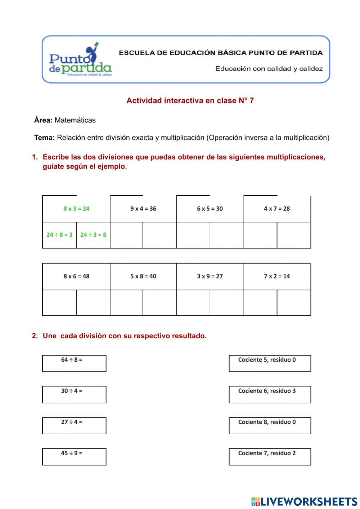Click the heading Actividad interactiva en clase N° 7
pyautogui.click(x=190, y=101)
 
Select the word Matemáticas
pyautogui.click(x=75, y=120)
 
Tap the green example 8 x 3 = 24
pyautogui.click(x=76, y=209)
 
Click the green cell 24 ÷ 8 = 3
pyautogui.click(x=59, y=235)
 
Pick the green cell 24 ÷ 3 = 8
pyautogui.click(x=93, y=235)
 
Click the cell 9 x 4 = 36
pyautogui.click(x=143, y=209)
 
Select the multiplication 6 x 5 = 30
pyautogui.click(x=210, y=209)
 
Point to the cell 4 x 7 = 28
pyautogui.click(x=277, y=209)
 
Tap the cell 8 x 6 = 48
pyautogui.click(x=76, y=276)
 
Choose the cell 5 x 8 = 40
pyautogui.click(x=143, y=276)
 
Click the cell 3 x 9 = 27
pyautogui.click(x=210, y=276)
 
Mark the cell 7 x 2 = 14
pyautogui.click(x=277, y=276)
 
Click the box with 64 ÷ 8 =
pyautogui.click(x=74, y=363)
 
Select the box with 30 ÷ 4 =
pyautogui.click(x=74, y=394)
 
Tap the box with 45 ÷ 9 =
pyautogui.click(x=74, y=456)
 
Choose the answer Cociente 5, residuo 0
pyautogui.click(x=270, y=363)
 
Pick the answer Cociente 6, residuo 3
pyautogui.click(x=270, y=394)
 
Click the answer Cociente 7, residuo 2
pyautogui.click(x=270, y=456)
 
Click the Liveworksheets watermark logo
pyautogui.click(x=304, y=501)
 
